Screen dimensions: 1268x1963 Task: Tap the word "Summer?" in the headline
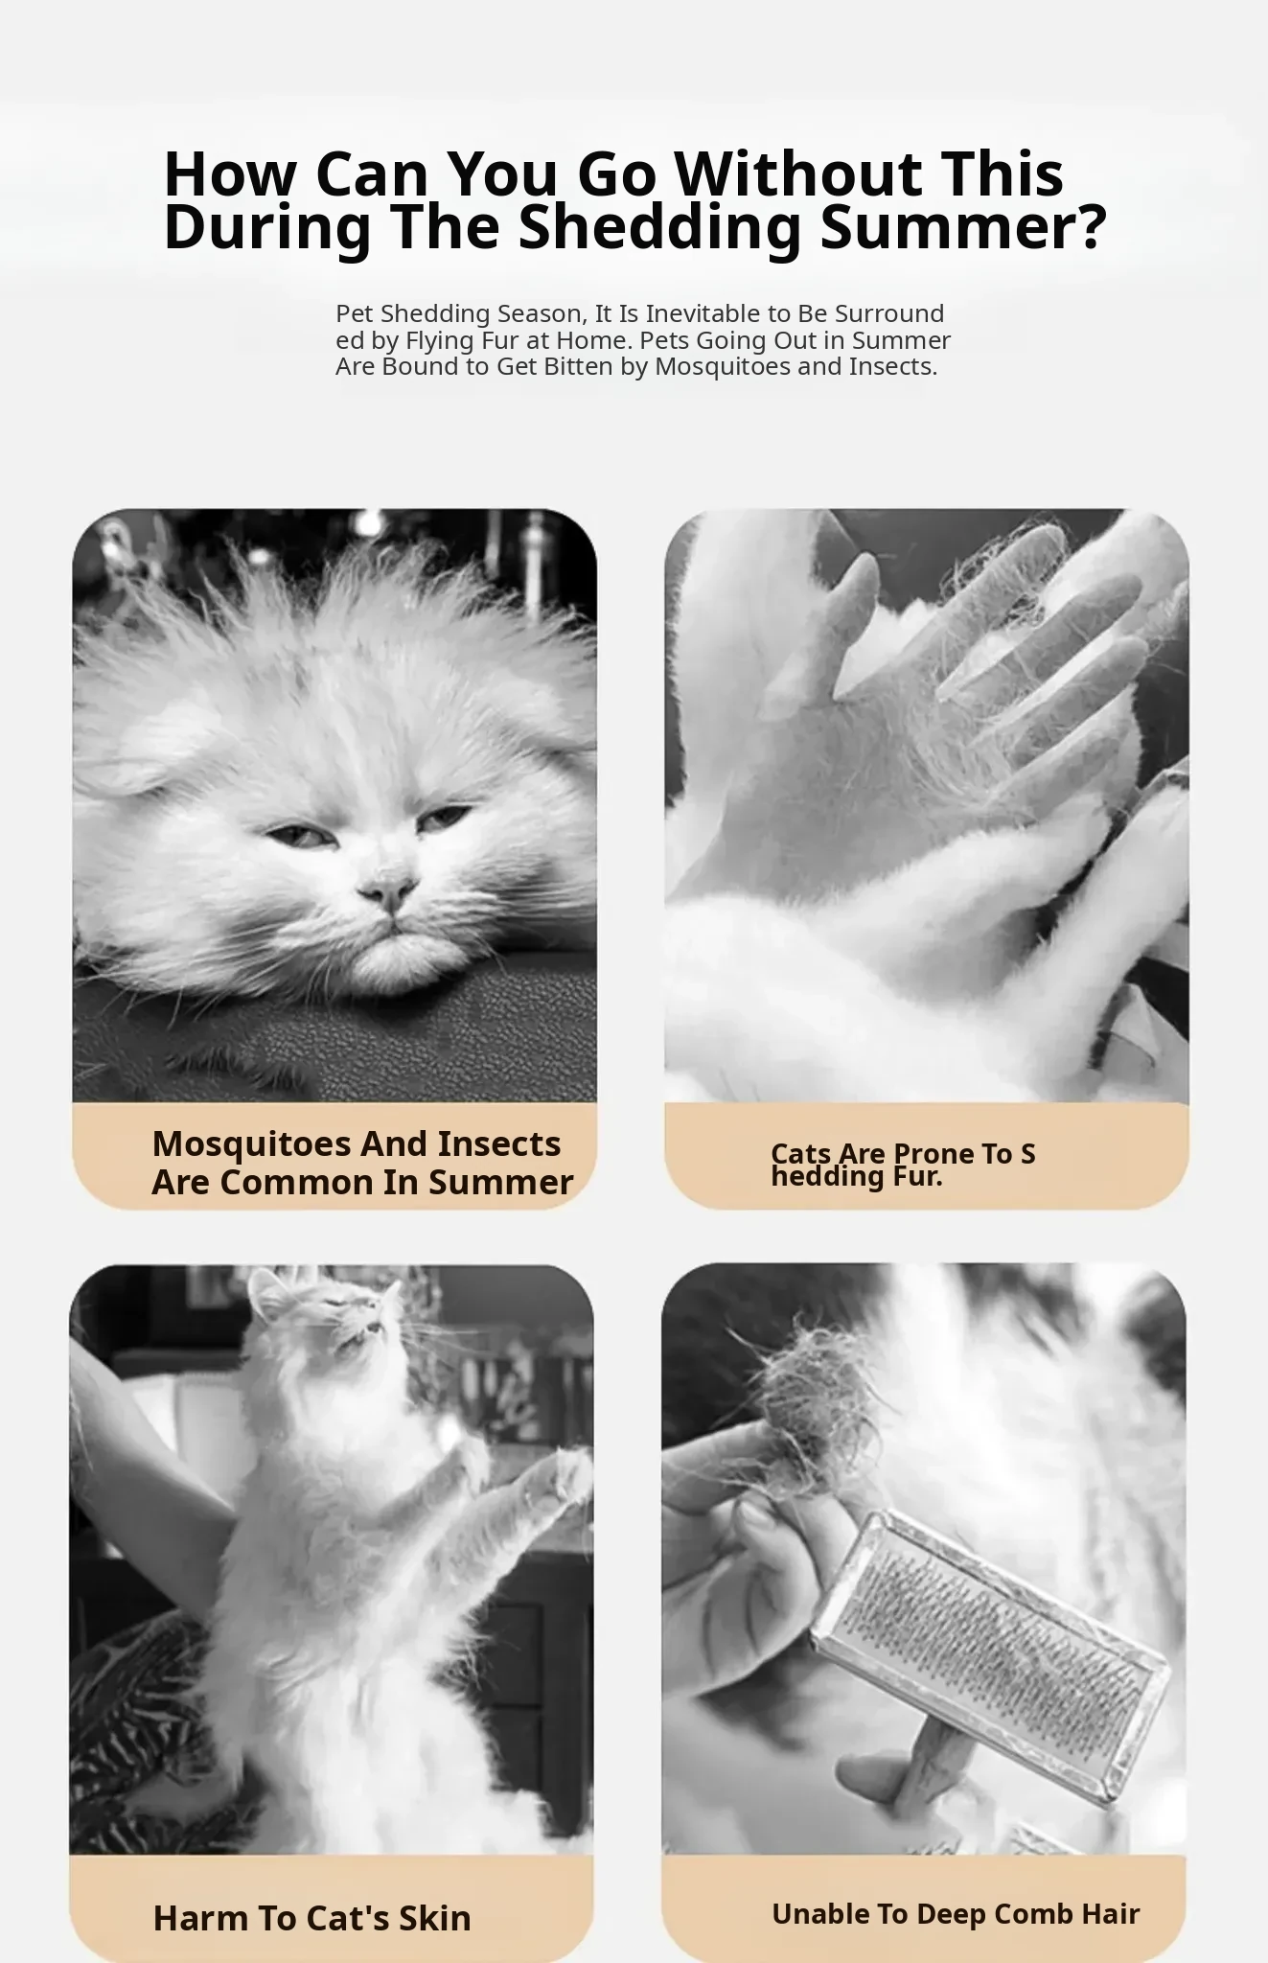click(x=964, y=227)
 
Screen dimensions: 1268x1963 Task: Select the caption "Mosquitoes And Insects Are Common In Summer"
click(x=362, y=1163)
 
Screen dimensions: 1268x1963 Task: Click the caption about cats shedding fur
click(x=903, y=1165)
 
